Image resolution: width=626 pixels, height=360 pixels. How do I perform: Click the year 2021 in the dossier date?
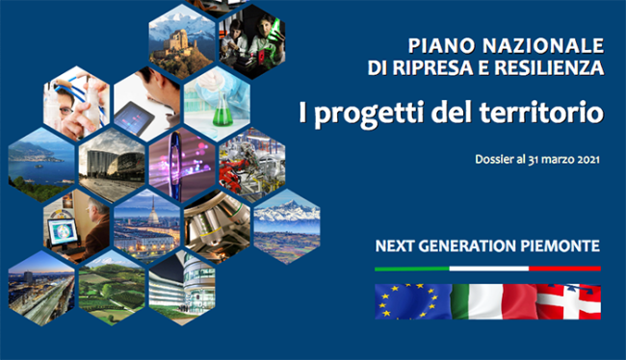(x=585, y=160)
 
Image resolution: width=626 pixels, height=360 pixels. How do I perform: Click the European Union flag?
(x=412, y=301)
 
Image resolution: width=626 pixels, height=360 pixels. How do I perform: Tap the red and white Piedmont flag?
(x=567, y=301)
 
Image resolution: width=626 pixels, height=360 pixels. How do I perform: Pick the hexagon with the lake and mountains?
(x=41, y=159)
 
